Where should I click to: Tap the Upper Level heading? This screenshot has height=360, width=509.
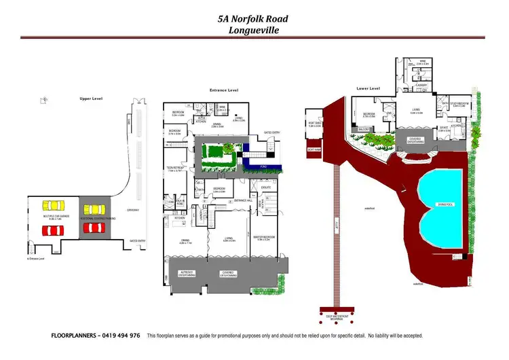tap(90, 99)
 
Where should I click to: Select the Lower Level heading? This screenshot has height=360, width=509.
tap(368, 88)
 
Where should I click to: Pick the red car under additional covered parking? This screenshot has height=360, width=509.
tap(95, 228)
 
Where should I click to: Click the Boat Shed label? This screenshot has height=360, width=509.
tap(315, 124)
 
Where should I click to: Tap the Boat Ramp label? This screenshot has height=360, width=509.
tap(313, 149)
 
